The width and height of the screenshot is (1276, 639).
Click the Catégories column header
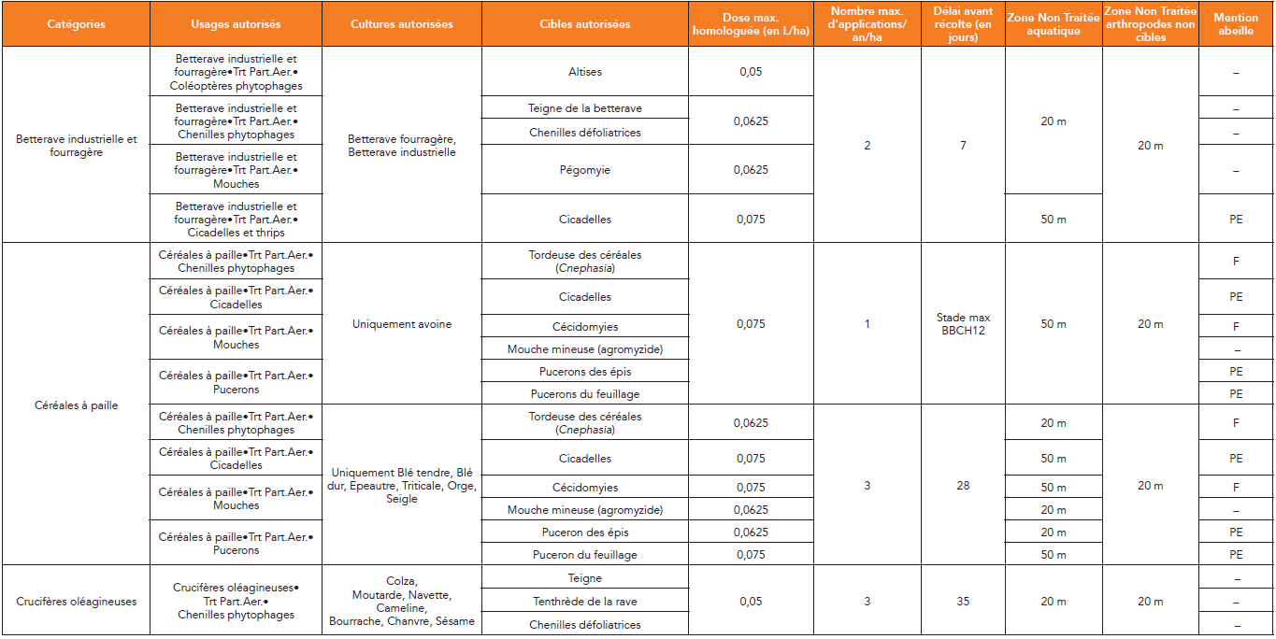pos(76,24)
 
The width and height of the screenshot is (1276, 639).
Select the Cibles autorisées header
pos(585,24)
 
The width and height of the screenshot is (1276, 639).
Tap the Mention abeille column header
pos(1236,24)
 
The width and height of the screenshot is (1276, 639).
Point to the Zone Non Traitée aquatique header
pos(1053,24)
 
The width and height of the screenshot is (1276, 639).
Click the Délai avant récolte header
pos(963,24)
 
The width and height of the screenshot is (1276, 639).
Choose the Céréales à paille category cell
pos(76,405)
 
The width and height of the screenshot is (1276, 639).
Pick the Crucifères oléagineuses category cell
pos(76,602)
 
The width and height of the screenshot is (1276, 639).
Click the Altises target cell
pos(585,72)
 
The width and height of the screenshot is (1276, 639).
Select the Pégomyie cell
pos(585,170)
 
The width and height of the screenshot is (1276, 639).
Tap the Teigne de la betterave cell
pos(585,108)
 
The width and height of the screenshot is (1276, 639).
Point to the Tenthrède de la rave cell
pos(585,602)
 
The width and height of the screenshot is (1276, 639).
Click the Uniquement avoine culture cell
pos(402,324)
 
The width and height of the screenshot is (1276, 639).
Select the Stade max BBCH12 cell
pos(963,324)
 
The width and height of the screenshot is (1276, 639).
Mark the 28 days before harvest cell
pos(963,486)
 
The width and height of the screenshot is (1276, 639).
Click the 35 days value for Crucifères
pos(963,602)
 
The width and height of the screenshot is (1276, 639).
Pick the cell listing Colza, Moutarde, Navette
pos(402,602)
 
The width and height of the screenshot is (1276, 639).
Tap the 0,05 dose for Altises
pos(751,72)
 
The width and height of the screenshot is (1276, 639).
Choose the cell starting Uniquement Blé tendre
pos(402,486)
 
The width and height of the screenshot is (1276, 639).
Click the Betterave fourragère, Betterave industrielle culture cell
pos(402,146)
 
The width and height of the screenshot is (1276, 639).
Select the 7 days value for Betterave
pos(963,146)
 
